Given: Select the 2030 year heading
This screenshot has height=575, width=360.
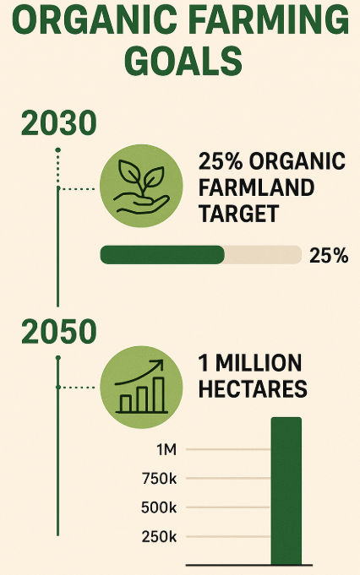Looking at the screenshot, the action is [x=58, y=122].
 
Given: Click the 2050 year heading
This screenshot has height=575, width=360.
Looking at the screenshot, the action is [x=58, y=332].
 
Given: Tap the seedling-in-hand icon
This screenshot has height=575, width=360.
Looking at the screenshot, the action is [x=141, y=186].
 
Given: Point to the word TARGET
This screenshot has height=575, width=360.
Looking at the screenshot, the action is [x=238, y=214].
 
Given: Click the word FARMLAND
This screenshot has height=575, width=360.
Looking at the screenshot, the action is [x=256, y=187].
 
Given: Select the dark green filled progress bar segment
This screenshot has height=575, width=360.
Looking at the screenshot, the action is [x=162, y=255].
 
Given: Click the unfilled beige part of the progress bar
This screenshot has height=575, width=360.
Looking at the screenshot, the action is [x=263, y=255].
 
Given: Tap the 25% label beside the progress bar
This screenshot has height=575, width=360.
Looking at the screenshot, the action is [x=329, y=256].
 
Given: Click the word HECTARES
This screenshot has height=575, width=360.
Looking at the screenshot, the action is [x=253, y=388].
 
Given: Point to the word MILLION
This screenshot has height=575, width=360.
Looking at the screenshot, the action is [x=259, y=363].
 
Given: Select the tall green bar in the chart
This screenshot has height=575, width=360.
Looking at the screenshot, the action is [x=286, y=491].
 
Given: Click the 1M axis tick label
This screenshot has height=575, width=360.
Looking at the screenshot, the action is [x=166, y=449].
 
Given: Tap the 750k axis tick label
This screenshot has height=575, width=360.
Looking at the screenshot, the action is [x=159, y=479].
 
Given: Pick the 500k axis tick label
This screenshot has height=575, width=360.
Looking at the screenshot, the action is [x=159, y=507].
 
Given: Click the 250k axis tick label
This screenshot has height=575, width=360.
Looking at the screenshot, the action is [x=159, y=537].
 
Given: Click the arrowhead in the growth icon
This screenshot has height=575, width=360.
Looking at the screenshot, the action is [x=158, y=364].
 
